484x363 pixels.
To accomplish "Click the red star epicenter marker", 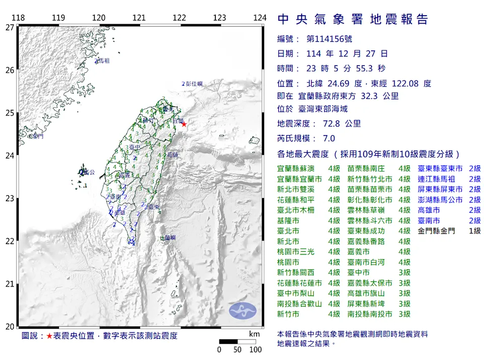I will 184,124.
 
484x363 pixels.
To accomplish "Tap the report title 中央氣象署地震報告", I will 353,19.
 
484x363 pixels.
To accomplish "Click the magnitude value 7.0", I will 328,139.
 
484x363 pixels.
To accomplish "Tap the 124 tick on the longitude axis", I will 260,18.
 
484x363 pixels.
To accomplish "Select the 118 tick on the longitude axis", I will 18,18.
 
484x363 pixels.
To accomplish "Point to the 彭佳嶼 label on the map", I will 193,84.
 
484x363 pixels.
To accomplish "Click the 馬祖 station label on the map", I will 102,60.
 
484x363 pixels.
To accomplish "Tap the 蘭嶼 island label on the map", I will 169,237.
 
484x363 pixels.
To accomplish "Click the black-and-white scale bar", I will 237,341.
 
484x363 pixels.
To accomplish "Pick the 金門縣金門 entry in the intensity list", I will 437,231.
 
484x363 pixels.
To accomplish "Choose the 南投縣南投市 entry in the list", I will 370,314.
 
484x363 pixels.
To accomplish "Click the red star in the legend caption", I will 49,336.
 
